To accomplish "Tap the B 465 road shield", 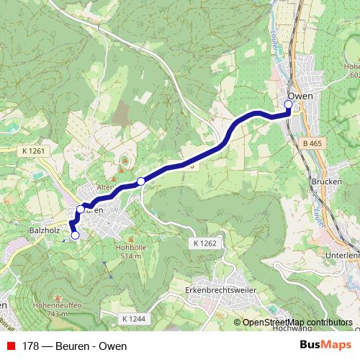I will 313,144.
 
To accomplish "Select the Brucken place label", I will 326,182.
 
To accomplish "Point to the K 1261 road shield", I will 34,151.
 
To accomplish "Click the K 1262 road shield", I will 204,244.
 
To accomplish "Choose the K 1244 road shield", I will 134,318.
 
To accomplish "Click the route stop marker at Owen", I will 288,104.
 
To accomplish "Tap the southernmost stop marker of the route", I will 75,235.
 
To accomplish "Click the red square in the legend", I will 11,346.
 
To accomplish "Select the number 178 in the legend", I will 31,346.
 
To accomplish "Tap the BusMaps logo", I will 325,346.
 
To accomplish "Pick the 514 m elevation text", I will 130,256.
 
